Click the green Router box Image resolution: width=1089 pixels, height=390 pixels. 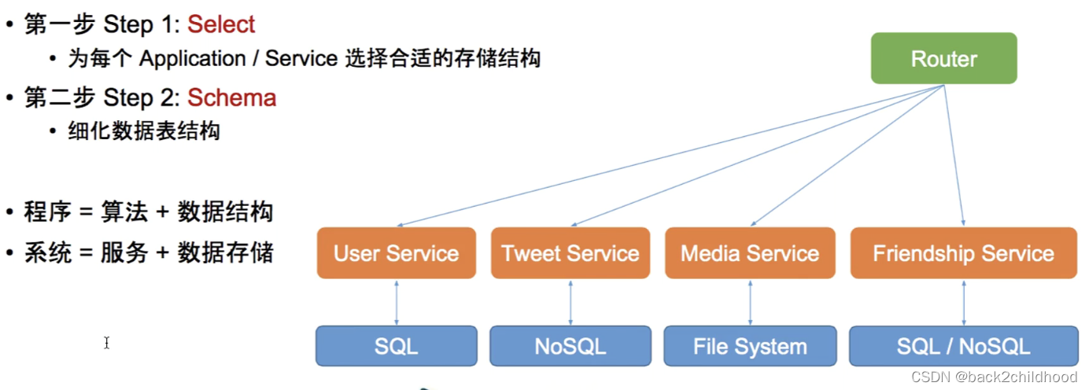pyautogui.click(x=943, y=59)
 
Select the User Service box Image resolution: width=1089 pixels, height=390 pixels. pyautogui.click(x=397, y=253)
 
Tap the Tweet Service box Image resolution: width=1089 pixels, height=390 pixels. pyautogui.click(x=570, y=253)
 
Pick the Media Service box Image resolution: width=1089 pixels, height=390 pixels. pyautogui.click(x=750, y=253)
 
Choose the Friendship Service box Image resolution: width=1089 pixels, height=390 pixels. pyautogui.click(x=963, y=253)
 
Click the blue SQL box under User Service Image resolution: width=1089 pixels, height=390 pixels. pyautogui.click(x=397, y=347)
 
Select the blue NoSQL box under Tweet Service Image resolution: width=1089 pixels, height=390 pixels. pyautogui.click(x=570, y=347)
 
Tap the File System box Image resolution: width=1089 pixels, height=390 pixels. pyautogui.click(x=750, y=347)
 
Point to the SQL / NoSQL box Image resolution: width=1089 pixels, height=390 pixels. pyautogui.click(x=963, y=347)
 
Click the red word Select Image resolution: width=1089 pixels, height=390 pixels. pyautogui.click(x=221, y=25)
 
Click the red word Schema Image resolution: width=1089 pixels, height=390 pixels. pyautogui.click(x=231, y=98)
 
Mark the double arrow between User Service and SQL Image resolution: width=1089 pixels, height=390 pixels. pyautogui.click(x=397, y=302)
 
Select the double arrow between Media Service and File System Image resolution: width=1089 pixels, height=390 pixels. pyautogui.click(x=750, y=302)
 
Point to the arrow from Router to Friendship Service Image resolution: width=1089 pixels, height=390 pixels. pyautogui.click(x=954, y=157)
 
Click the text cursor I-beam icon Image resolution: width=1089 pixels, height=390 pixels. pyautogui.click(x=106, y=343)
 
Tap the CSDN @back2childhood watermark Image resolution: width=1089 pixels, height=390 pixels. pyautogui.click(x=994, y=377)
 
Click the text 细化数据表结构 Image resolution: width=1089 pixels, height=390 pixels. pyautogui.click(x=144, y=131)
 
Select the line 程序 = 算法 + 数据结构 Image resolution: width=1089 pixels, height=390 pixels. pyautogui.click(x=148, y=212)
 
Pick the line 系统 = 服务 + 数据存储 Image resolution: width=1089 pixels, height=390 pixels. pyautogui.click(x=148, y=253)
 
